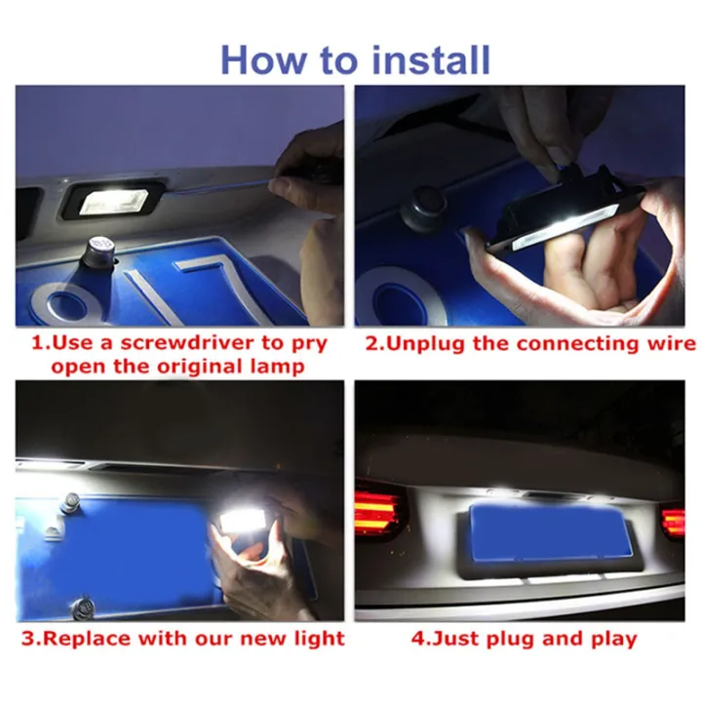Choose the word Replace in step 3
[x=95, y=640]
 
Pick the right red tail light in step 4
[x=673, y=521]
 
